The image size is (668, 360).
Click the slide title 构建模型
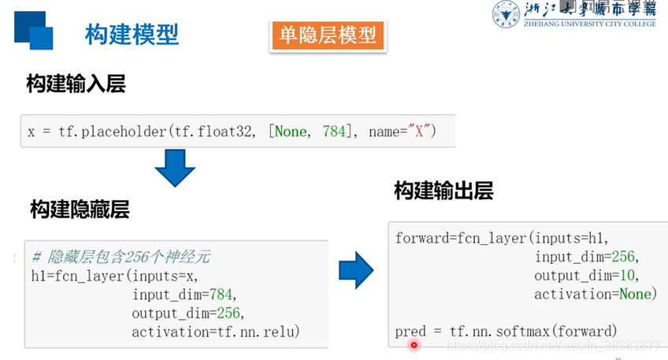click(x=132, y=34)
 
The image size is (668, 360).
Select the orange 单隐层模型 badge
click(x=327, y=35)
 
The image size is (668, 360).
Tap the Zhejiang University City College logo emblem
click(x=507, y=13)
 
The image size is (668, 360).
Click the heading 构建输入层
click(x=76, y=84)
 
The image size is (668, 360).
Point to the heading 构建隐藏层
click(x=80, y=209)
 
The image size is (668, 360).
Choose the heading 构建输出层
click(x=444, y=191)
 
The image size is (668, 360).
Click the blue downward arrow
click(x=174, y=167)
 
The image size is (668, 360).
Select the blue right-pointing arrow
click(x=356, y=270)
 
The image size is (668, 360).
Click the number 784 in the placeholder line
click(x=334, y=132)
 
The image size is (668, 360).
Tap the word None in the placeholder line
click(x=291, y=132)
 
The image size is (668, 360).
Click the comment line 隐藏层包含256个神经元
click(x=121, y=258)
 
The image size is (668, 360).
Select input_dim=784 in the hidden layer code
click(x=183, y=295)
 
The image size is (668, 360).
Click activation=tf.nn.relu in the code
click(x=216, y=331)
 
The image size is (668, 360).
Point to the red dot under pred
click(x=414, y=344)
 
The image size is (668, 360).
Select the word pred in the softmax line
click(x=410, y=331)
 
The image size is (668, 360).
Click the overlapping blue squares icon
click(x=33, y=29)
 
